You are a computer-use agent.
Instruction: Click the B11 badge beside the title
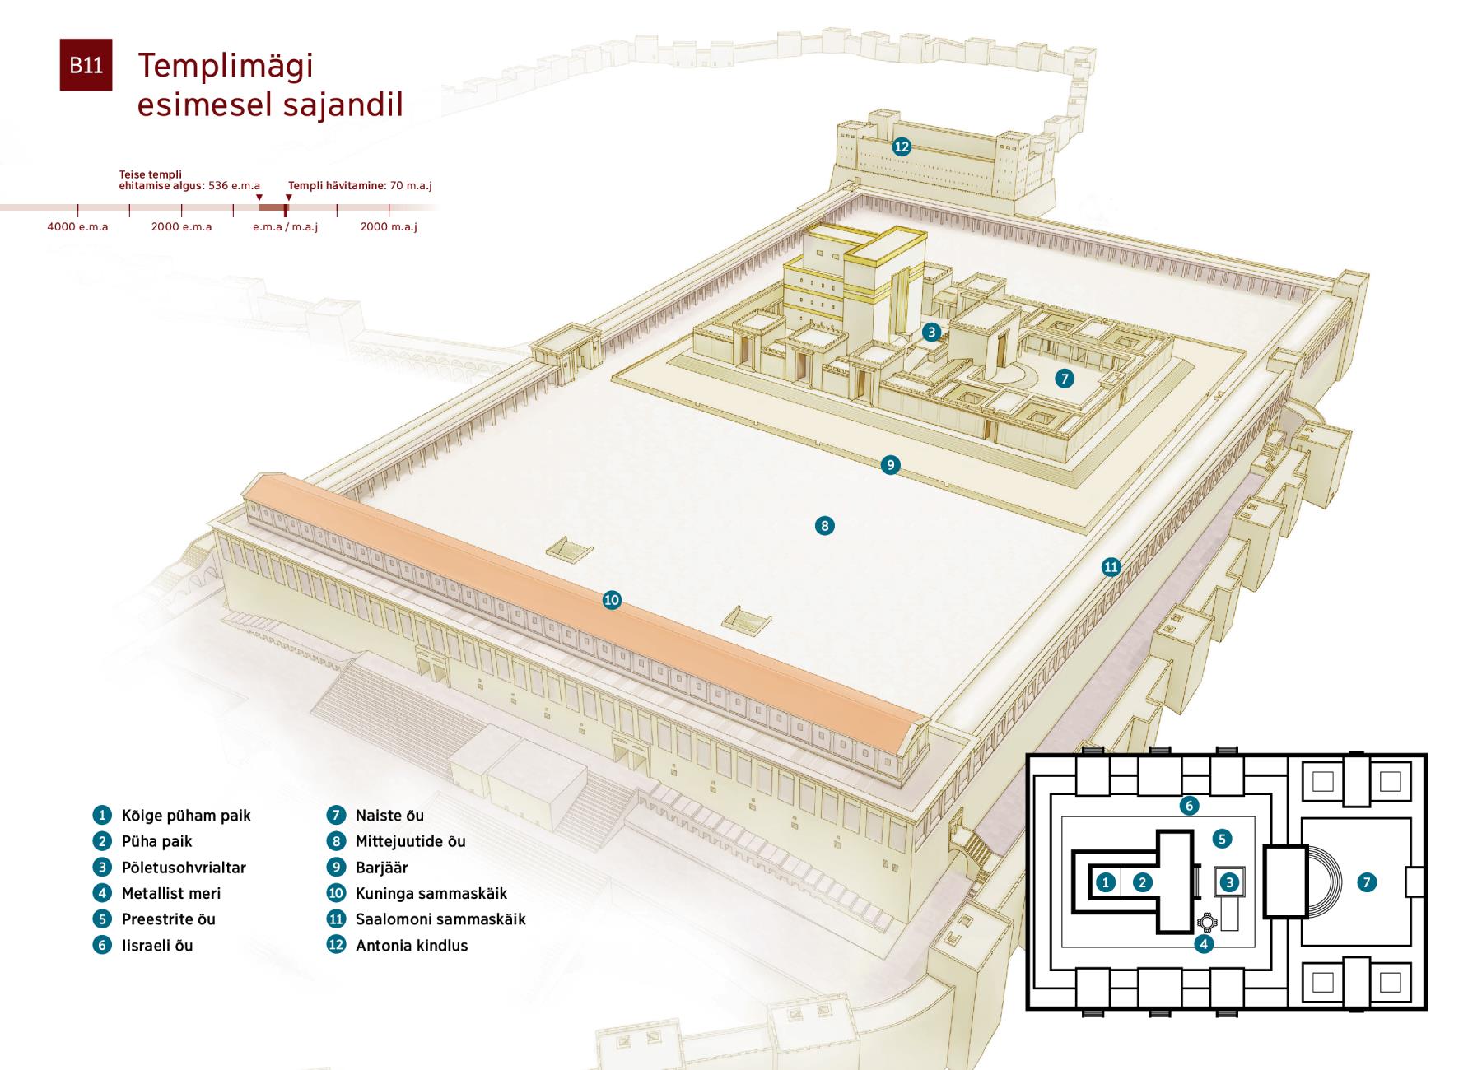pos(86,65)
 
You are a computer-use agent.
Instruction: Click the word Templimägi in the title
pos(225,66)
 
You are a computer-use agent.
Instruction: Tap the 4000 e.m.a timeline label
pos(77,226)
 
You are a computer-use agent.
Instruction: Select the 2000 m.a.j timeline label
pos(389,226)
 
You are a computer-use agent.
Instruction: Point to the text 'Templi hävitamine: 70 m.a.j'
pos(360,185)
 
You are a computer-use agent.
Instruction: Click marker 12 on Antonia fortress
pos(902,147)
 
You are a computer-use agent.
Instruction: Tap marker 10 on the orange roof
pos(612,600)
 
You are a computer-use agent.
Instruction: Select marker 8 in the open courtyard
pos(824,525)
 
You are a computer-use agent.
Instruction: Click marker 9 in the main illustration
pos(890,465)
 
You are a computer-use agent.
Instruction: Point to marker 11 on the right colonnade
pos(1111,566)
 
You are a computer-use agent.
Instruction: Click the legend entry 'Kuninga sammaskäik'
pos(431,893)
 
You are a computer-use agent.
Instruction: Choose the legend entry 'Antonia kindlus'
pos(411,945)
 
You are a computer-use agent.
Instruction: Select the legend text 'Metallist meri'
pos(170,893)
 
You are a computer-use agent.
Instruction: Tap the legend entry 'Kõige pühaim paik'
pos(185,815)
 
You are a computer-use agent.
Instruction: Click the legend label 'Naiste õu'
pos(389,815)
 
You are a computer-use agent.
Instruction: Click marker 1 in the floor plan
pos(1106,882)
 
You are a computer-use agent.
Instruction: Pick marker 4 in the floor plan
pos(1204,943)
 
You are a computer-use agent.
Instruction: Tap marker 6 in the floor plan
pos(1188,805)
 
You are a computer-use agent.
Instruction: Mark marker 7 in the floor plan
pos(1367,882)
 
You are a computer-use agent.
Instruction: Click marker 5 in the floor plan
pos(1222,839)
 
